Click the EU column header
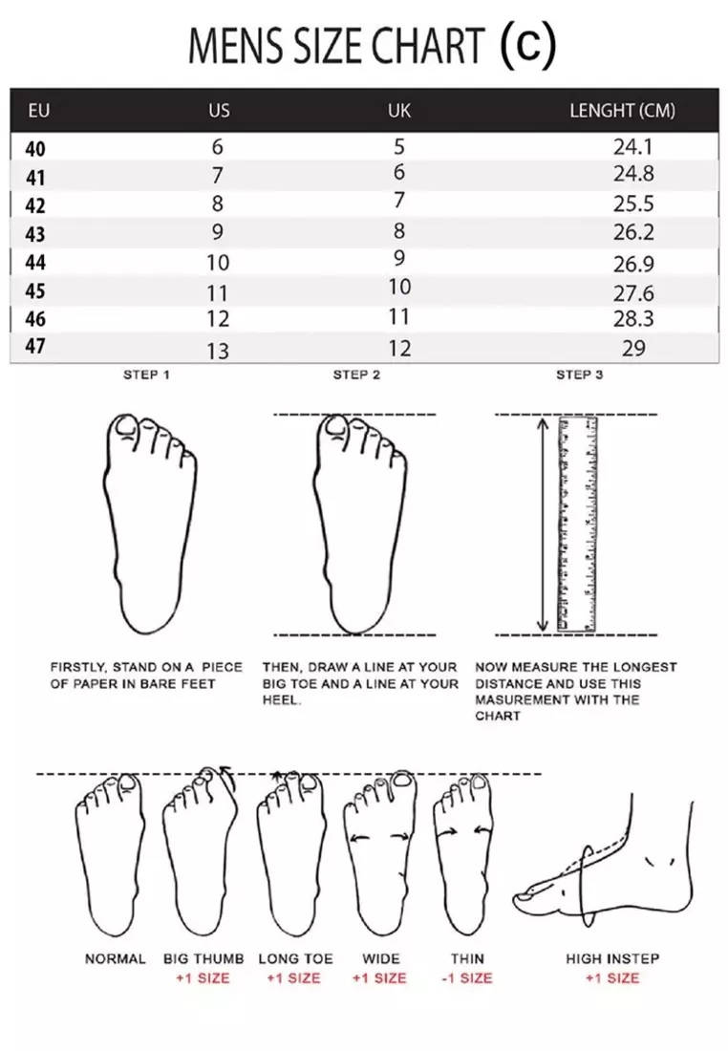[39, 111]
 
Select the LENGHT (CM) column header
[622, 111]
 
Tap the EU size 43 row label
[35, 233]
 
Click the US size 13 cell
[219, 351]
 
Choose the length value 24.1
[633, 147]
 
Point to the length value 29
[633, 349]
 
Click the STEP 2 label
[356, 375]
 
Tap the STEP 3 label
[580, 375]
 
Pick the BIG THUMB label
[203, 958]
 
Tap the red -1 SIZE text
[467, 977]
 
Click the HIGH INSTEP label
[612, 958]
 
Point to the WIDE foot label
[380, 958]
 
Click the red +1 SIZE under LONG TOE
[294, 977]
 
